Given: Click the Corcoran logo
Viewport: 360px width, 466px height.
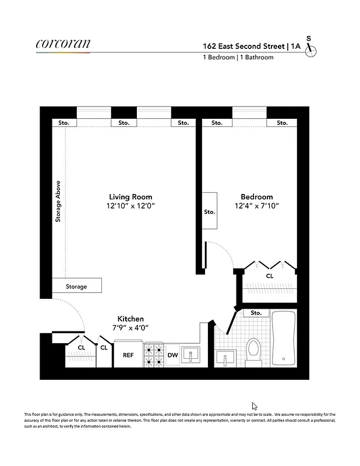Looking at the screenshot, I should pos(63,44).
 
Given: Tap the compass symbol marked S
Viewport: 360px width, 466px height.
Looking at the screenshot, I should pos(311,49).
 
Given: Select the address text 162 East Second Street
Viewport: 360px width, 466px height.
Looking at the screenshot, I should pos(244,45).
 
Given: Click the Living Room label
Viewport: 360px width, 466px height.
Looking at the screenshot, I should pos(130,197).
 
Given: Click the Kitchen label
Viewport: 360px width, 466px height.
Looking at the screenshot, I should pos(130,319).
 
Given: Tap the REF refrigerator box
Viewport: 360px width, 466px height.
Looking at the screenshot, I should pos(128,355).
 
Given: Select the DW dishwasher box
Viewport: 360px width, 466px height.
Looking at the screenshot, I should pos(172,355).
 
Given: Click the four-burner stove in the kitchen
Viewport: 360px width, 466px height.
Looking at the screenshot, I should pos(154,355).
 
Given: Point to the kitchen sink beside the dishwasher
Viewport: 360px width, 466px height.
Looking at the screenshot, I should pos(190,355).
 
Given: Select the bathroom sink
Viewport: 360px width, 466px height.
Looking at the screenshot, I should pos(224,356).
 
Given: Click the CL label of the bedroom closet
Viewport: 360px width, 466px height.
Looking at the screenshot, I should pos(270,276).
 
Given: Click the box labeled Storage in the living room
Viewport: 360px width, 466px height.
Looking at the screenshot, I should pos(76,286).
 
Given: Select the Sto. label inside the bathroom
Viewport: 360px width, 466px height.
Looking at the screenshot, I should pos(256,313).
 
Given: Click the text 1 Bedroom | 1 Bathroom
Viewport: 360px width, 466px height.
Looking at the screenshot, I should pos(238,58).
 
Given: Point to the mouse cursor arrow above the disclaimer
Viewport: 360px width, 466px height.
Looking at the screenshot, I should pos(254,405).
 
